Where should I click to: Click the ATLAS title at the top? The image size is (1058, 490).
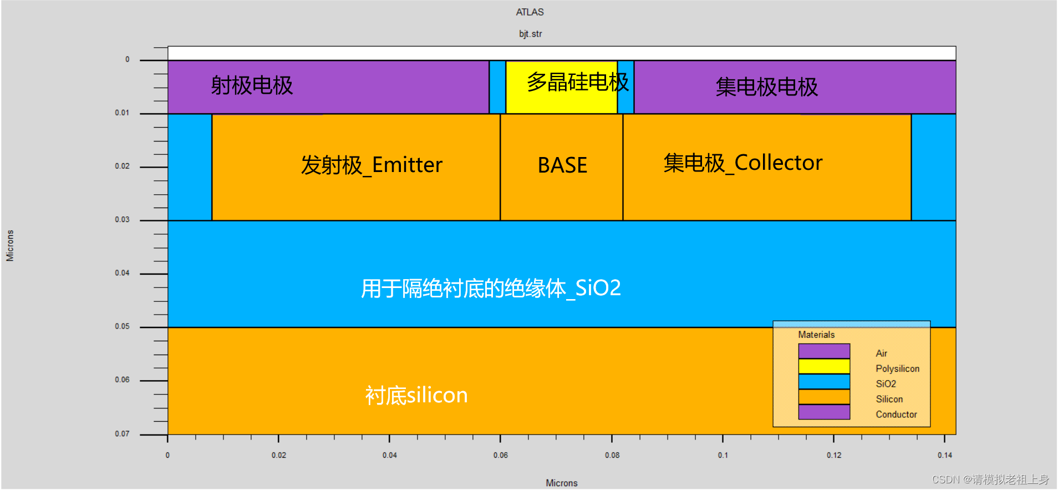click(x=530, y=12)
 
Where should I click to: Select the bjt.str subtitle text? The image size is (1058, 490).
click(x=530, y=34)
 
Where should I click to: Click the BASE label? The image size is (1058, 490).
click(x=562, y=165)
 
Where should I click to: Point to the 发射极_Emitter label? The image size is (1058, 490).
click(x=372, y=165)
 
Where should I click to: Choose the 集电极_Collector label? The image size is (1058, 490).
click(x=743, y=163)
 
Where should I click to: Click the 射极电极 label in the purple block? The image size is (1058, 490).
click(x=252, y=86)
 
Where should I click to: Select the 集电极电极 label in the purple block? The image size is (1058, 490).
click(x=766, y=87)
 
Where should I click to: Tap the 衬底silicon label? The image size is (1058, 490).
click(x=416, y=396)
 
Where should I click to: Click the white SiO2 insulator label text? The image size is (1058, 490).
click(x=491, y=289)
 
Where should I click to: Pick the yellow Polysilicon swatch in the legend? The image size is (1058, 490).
click(x=824, y=366)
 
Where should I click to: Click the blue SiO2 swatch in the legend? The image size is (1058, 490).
click(x=824, y=382)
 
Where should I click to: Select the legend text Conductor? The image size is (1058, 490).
click(x=896, y=415)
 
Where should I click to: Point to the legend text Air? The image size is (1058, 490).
click(x=881, y=353)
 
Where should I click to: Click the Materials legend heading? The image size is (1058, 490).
click(x=816, y=335)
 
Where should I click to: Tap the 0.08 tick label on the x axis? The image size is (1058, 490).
click(x=612, y=455)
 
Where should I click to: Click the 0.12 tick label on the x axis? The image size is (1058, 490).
click(x=834, y=455)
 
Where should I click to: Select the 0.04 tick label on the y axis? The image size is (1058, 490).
click(x=122, y=273)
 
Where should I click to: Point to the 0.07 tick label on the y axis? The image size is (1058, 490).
click(x=122, y=434)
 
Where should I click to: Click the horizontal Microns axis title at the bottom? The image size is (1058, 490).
click(x=562, y=483)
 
